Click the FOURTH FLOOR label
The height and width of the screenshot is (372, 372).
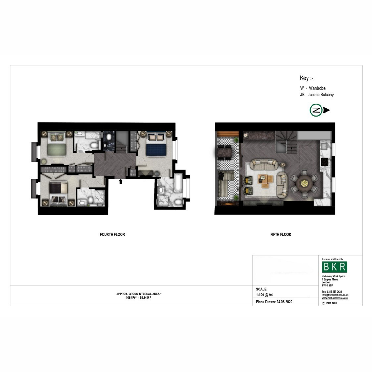112,234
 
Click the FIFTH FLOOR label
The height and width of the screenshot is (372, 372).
281,234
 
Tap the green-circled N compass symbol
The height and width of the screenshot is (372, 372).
316,110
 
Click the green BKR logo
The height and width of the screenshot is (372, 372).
334,267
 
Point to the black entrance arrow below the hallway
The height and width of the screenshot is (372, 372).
121,181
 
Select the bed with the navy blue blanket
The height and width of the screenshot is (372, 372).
156,144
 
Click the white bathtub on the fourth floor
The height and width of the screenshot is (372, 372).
178,183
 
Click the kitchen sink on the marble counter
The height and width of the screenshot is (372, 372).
324,146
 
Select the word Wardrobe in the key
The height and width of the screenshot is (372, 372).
317,88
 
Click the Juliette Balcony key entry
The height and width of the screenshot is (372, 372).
317,95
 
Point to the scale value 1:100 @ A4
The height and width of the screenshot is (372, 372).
264,295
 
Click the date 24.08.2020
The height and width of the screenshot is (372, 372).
284,302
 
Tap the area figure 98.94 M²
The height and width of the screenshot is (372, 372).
145,298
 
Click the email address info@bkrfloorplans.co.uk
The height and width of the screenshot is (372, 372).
335,295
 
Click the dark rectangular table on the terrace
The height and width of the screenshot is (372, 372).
225,152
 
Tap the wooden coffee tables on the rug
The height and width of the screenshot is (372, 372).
266,181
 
